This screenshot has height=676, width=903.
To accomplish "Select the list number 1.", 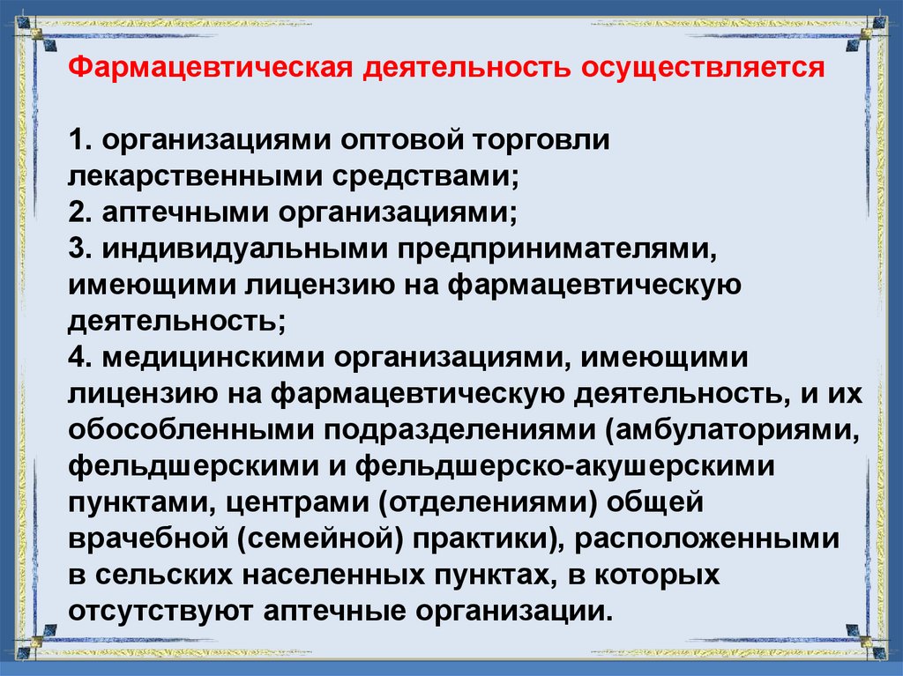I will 76,142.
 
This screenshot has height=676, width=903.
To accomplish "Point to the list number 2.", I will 77,212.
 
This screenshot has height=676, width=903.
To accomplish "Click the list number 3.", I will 77,248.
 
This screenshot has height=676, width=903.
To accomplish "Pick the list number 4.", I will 77,357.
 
